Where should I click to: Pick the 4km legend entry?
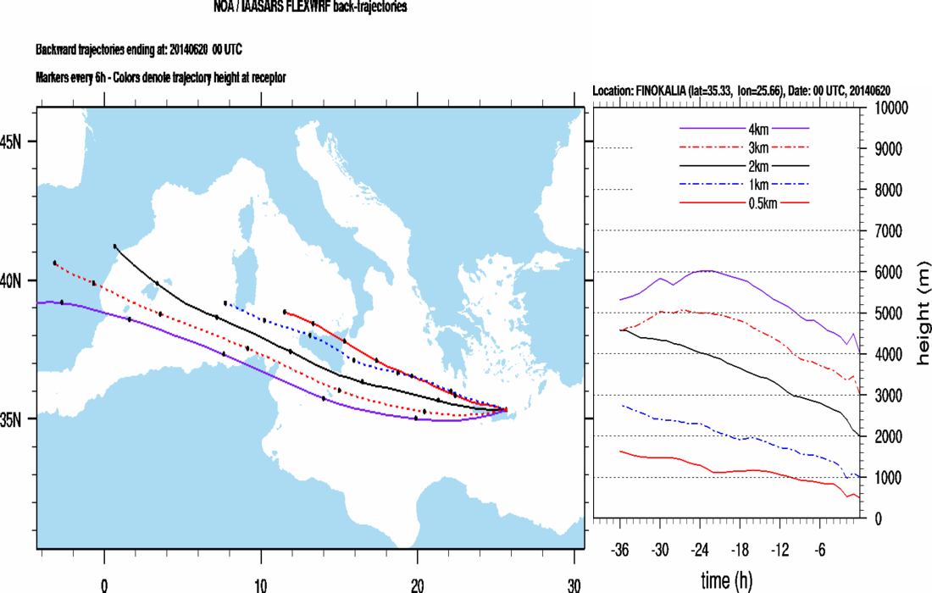pos(745,128)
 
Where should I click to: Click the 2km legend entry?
pos(745,165)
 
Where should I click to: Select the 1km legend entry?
pos(745,184)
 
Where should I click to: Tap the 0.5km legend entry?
pos(745,202)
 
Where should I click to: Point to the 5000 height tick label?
pos(890,313)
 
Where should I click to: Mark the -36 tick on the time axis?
pos(621,549)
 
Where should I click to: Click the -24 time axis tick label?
pos(700,549)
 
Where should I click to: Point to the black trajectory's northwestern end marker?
pos(115,247)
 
